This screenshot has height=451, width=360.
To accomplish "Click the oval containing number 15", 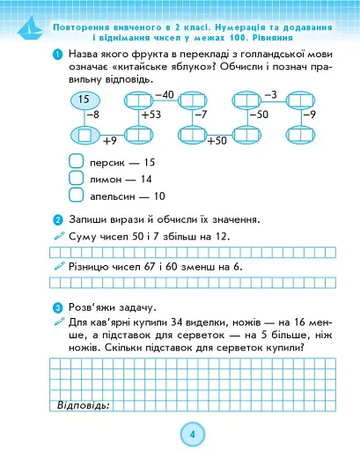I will coord(84,101).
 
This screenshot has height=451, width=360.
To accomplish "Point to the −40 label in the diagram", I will coord(164,93).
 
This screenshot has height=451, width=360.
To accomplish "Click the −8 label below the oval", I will coord(91,115).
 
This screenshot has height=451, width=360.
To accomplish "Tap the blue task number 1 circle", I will coord(57,56).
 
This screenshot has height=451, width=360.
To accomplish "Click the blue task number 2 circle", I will coord(57,219).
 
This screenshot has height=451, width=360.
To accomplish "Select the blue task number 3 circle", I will coord(57,307).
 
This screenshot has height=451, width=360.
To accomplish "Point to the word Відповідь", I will coord(82,405).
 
